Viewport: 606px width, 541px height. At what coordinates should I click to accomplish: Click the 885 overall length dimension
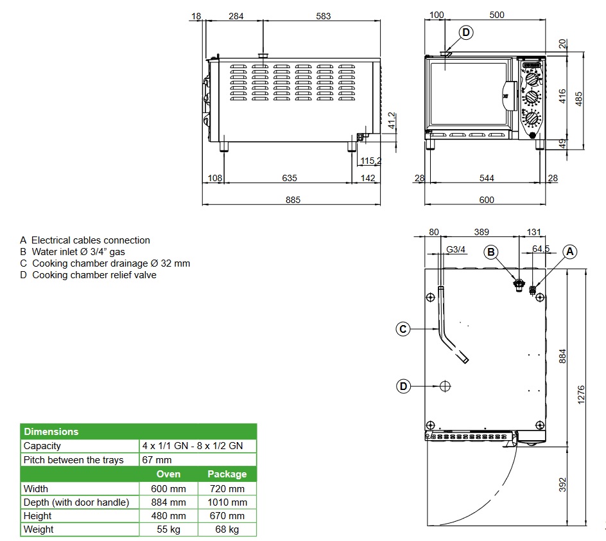click(x=293, y=200)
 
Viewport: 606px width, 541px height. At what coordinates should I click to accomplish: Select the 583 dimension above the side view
click(x=323, y=16)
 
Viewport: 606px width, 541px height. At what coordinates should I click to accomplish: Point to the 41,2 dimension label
click(x=392, y=121)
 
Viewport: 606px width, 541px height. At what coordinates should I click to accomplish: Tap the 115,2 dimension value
click(x=370, y=161)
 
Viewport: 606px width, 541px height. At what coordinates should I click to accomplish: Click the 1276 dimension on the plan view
click(x=581, y=395)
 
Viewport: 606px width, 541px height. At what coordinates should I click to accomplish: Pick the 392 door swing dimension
click(x=562, y=485)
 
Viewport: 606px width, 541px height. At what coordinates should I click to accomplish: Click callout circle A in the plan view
click(x=569, y=252)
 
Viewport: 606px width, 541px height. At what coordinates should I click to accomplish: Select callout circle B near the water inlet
click(x=491, y=252)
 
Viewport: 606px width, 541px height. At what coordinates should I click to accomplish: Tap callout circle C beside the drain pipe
click(x=403, y=329)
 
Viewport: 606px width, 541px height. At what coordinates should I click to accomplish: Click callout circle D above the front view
click(x=466, y=33)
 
